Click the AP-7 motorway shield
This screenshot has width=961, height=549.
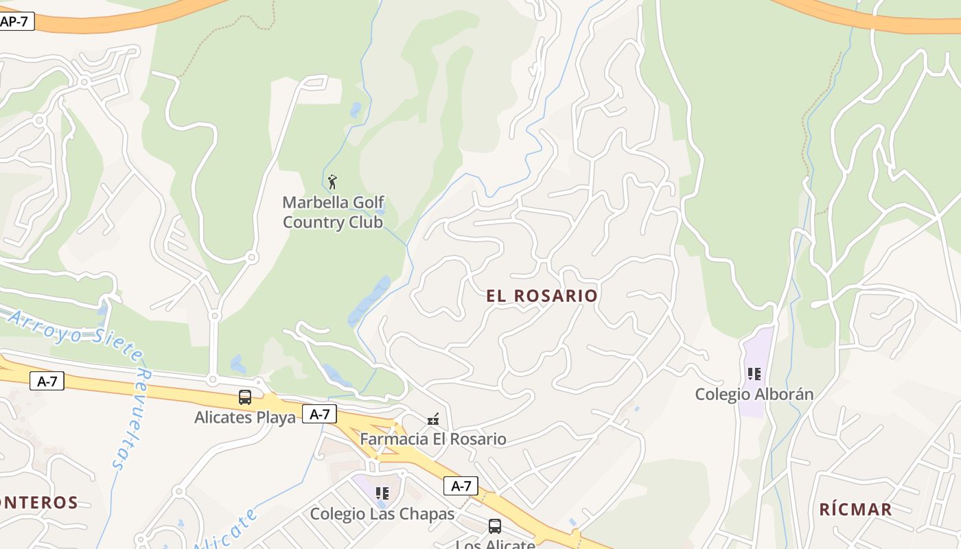(x=15, y=21)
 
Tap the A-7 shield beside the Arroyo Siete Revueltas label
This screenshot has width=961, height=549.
(x=47, y=382)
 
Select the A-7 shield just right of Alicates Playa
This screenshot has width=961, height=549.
(x=320, y=414)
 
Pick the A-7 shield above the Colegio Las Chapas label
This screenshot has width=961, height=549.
(x=461, y=486)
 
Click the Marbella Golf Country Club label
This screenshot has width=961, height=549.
(x=332, y=213)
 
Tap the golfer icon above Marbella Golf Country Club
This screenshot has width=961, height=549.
(x=333, y=182)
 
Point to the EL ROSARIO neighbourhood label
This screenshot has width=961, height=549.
(x=542, y=296)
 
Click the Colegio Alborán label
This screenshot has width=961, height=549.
(x=754, y=395)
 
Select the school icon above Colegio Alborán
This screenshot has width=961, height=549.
(x=754, y=374)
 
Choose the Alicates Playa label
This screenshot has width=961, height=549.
(x=245, y=417)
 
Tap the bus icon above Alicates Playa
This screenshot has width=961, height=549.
(x=245, y=397)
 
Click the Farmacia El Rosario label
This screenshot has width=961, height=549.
(x=433, y=439)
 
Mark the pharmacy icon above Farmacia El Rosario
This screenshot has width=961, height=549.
(x=433, y=419)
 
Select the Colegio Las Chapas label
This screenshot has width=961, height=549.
(x=382, y=514)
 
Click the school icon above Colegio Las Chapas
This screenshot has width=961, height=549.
(x=382, y=493)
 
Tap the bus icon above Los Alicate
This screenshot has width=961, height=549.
(x=494, y=526)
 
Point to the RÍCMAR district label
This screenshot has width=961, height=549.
(x=855, y=509)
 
